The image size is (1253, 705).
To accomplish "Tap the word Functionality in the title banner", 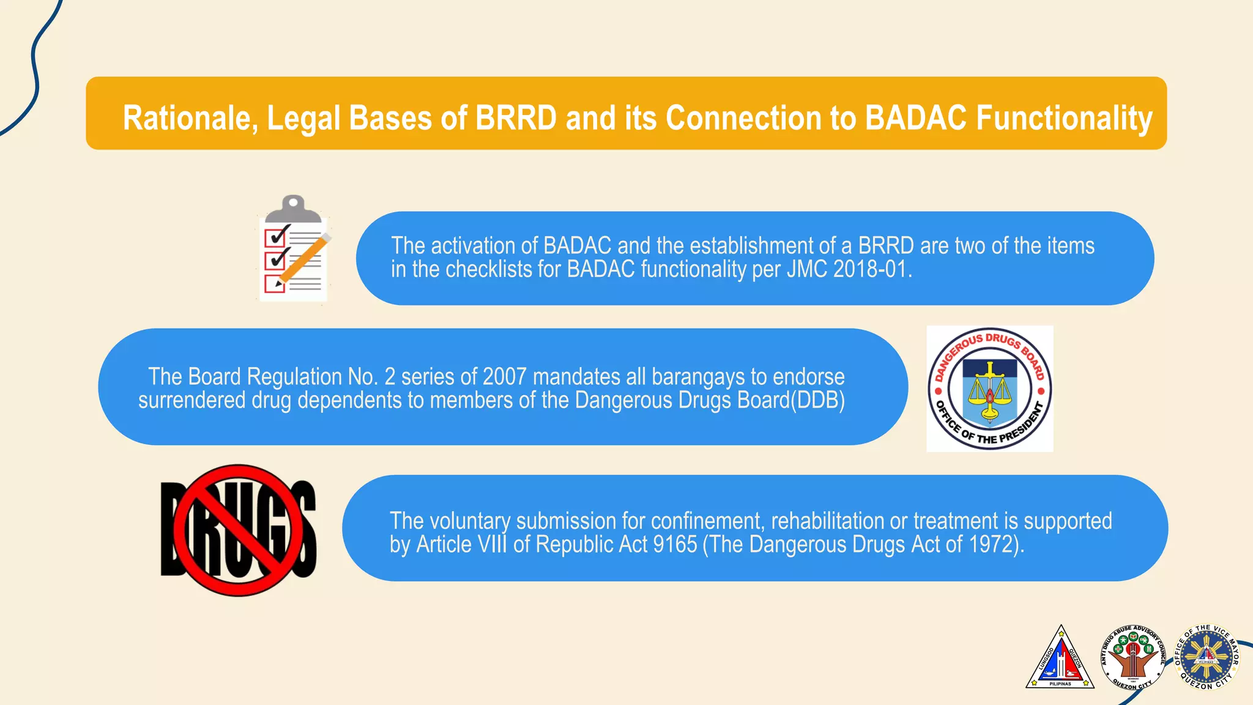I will pyautogui.click(x=1064, y=117).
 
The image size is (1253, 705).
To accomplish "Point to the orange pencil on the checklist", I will pyautogui.click(x=304, y=260).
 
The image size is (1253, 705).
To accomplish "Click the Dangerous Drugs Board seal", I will pyautogui.click(x=989, y=389).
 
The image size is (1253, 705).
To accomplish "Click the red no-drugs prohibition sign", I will pyautogui.click(x=239, y=530).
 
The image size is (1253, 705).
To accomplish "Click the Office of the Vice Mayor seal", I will pyautogui.click(x=1207, y=657).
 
